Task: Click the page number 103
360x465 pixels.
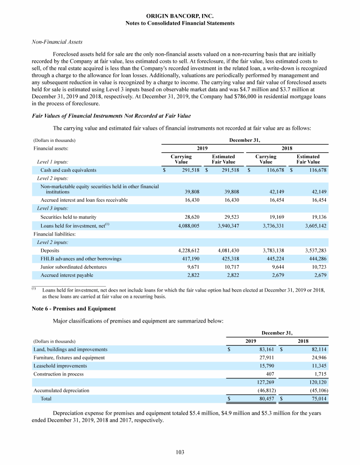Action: (x=180, y=452)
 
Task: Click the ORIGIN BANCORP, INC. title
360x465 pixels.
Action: (x=180, y=16)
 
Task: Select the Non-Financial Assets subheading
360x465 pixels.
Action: (x=51, y=42)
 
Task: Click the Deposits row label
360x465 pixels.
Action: (x=50, y=251)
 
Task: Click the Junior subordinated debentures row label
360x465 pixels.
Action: (x=74, y=266)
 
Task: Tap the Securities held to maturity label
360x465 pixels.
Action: (x=68, y=217)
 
